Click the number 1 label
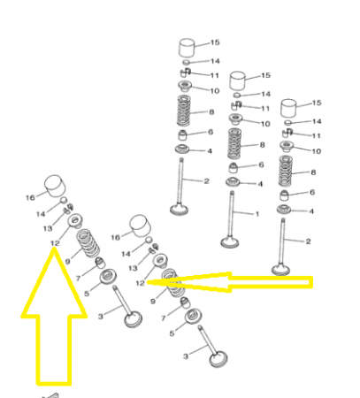click(257, 214)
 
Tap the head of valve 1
click(230, 243)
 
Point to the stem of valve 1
click(232, 214)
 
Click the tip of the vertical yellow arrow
click(54, 249)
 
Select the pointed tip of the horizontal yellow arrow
click(148, 282)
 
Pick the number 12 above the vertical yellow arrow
click(55, 243)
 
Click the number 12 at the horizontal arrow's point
click(140, 283)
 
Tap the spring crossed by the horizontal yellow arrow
click(173, 282)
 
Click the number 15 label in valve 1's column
click(265, 75)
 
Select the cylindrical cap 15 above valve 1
click(238, 80)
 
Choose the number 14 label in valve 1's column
click(265, 94)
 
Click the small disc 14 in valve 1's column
click(237, 95)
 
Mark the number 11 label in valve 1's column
click(265, 109)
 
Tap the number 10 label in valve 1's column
click(265, 124)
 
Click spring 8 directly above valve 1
click(234, 143)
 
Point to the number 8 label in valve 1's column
click(262, 145)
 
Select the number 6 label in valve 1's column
click(261, 165)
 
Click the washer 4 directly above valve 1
click(233, 182)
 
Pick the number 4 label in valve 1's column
click(260, 184)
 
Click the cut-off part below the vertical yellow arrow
click(50, 395)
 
